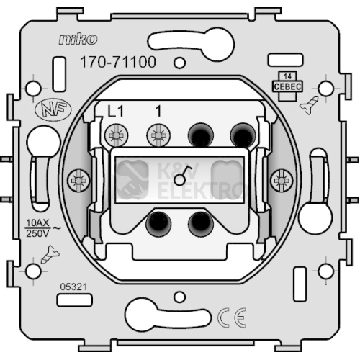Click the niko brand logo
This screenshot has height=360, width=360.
click(x=78, y=40)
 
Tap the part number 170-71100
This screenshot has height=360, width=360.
click(x=118, y=62)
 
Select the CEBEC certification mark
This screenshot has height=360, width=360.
click(x=287, y=86)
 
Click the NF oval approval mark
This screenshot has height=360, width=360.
click(x=53, y=110)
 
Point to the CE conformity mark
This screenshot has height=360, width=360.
click(x=232, y=318)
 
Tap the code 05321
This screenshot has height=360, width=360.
click(x=73, y=287)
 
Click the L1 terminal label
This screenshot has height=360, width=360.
click(x=115, y=112)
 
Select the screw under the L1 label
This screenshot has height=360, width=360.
click(x=117, y=135)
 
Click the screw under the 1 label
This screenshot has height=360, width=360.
click(x=158, y=135)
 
